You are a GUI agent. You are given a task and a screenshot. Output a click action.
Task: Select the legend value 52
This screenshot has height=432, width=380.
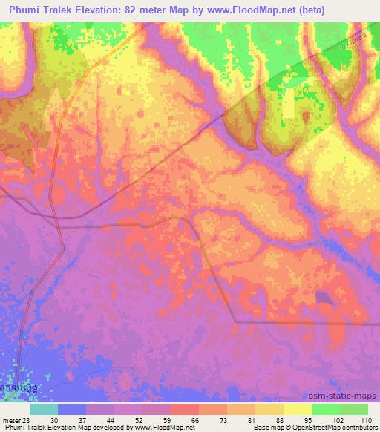point(128,419)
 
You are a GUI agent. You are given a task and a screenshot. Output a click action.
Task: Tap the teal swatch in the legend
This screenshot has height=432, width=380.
point(44,409)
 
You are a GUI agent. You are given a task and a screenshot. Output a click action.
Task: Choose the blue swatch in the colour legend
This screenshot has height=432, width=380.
point(72,409)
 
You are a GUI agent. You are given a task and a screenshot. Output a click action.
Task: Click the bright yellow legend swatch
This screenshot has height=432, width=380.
point(298,409)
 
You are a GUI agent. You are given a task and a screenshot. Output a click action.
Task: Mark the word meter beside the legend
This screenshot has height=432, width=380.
point(11,419)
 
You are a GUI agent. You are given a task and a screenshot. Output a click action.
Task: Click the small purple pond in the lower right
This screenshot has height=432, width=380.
point(324,298)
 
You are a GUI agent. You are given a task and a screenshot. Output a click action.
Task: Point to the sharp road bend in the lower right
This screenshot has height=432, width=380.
point(235,321)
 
